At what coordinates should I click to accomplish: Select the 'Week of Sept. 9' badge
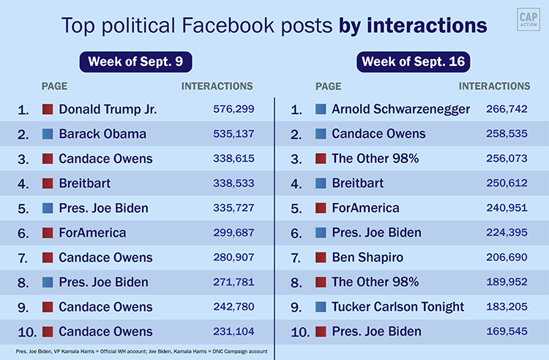[x=136, y=61]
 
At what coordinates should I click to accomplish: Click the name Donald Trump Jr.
[x=108, y=110]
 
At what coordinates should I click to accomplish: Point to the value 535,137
[x=229, y=134]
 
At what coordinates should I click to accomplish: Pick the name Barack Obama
[x=102, y=134]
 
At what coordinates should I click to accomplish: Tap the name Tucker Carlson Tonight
[x=397, y=307]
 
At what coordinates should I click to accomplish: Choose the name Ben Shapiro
[x=367, y=258]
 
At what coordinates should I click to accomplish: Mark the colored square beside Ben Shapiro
[x=321, y=258]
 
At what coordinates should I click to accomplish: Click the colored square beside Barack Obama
[x=48, y=134]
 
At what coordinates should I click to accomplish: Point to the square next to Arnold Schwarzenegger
[x=321, y=110]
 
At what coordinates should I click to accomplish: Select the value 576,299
[x=229, y=110]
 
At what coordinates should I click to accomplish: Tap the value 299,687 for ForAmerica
[x=229, y=233]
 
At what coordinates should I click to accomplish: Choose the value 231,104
[x=229, y=332]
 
